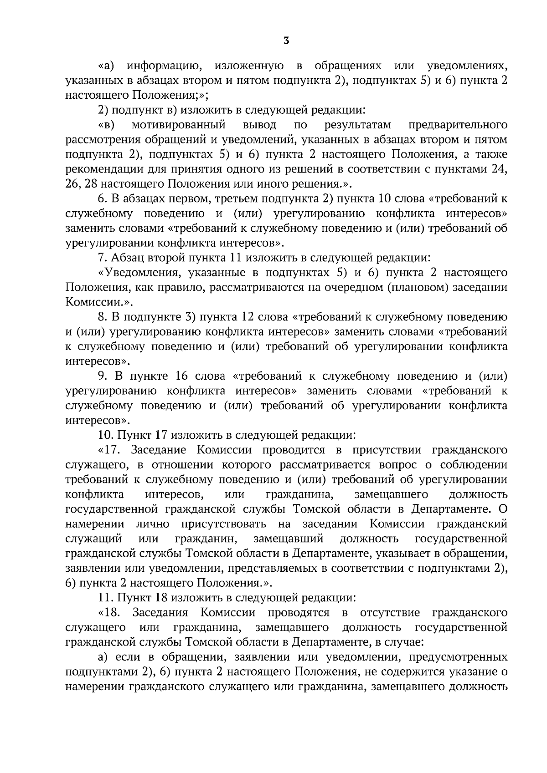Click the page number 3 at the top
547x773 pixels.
286,41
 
